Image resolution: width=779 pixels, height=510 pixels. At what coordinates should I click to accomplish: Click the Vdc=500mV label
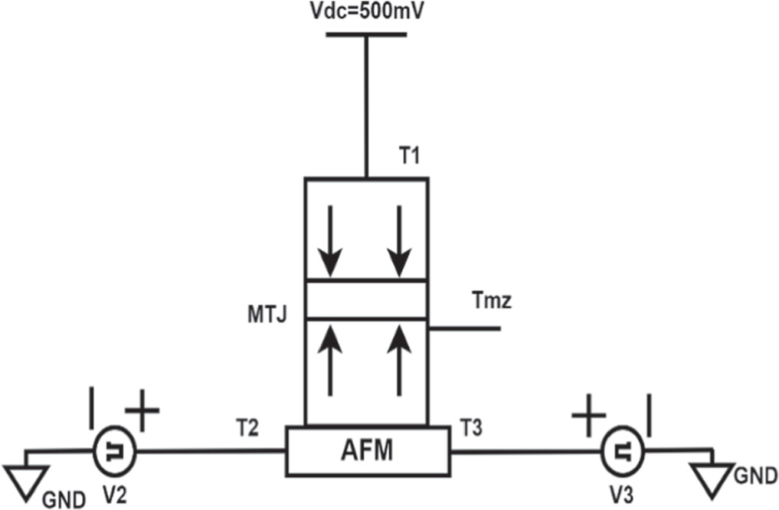coord(366,12)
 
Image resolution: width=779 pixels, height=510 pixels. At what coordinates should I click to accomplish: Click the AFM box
coord(366,451)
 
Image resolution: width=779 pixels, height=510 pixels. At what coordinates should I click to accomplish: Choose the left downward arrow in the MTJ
coord(330,240)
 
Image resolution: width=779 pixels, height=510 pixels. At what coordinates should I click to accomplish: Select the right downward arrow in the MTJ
coord(398,240)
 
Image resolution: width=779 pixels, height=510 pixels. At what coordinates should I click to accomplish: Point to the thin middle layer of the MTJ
coord(366,299)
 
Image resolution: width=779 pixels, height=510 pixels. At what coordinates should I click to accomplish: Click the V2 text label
coord(113,495)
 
